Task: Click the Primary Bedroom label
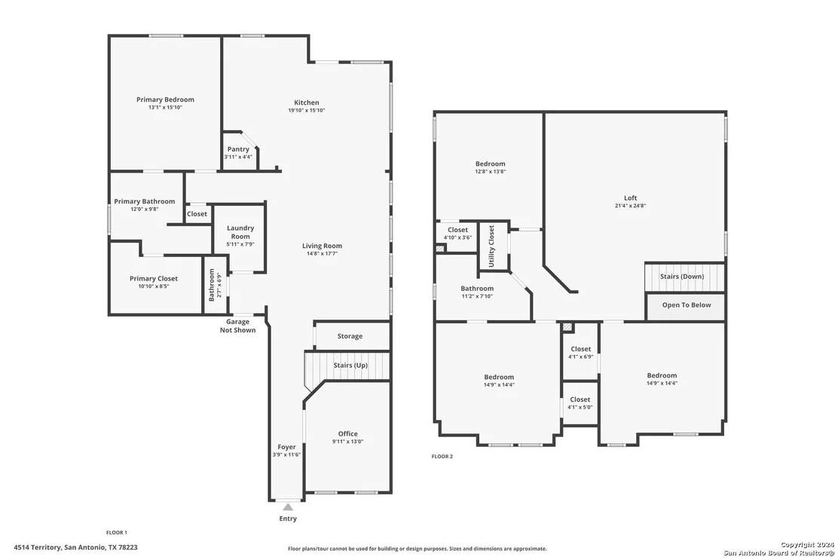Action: [x=165, y=99]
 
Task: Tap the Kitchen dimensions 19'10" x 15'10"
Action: [x=307, y=110]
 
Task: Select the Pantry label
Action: [x=238, y=149]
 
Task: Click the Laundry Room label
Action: [x=240, y=232]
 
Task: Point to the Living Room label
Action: [x=323, y=246]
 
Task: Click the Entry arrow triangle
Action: [x=288, y=507]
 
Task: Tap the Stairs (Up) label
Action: [x=350, y=366]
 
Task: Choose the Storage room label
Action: [x=350, y=336]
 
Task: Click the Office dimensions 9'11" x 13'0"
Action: [x=347, y=442]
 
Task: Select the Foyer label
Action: [x=286, y=447]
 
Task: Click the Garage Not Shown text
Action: [x=237, y=326]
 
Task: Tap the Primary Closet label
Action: [x=154, y=279]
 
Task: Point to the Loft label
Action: [x=631, y=197]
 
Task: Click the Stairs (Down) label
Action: [x=681, y=277]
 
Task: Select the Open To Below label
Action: [x=687, y=305]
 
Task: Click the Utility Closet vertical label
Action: [x=491, y=246]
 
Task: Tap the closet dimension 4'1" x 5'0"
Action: [x=580, y=407]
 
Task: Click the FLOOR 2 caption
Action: [x=442, y=456]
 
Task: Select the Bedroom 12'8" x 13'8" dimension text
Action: [x=491, y=171]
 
